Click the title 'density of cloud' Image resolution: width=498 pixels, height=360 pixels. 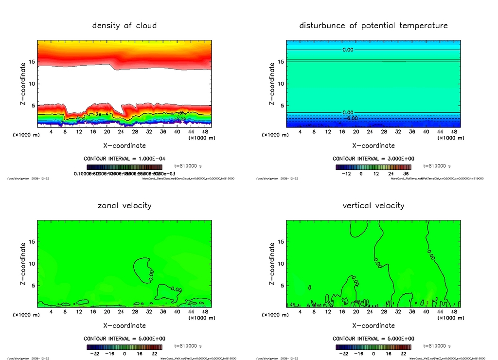tap(124, 26)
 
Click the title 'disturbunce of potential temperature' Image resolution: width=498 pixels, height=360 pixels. tap(373, 26)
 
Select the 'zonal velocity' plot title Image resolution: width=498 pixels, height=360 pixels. tap(124, 206)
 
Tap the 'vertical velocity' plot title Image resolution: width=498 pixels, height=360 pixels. tap(373, 206)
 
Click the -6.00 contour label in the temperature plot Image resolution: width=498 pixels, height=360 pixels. tap(351, 118)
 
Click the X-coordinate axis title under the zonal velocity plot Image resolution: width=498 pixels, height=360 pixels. tap(124, 325)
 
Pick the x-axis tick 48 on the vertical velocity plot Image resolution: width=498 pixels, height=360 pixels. tap(454, 311)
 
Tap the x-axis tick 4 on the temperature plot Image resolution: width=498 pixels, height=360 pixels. tap(300, 131)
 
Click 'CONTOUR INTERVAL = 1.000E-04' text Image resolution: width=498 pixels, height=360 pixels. tap(124, 159)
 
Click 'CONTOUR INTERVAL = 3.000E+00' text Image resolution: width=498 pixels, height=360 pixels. tap(373, 159)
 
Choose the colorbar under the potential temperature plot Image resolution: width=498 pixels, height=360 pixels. tap(373, 166)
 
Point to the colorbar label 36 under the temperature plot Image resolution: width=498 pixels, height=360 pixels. tap(406, 173)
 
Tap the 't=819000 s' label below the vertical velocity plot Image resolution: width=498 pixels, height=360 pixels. tap(437, 346)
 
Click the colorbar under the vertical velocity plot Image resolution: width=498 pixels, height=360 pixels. tap(373, 347)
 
